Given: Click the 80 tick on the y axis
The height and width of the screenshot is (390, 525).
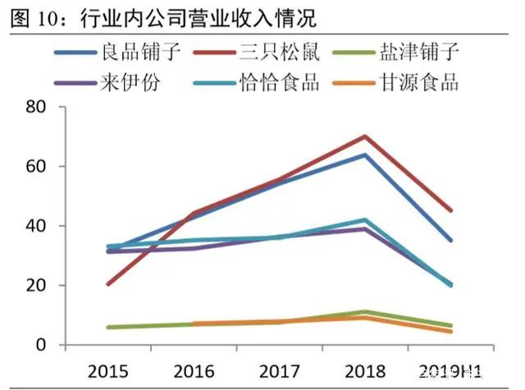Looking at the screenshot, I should click(x=34, y=107).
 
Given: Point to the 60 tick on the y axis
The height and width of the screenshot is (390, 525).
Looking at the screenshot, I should click(x=34, y=167).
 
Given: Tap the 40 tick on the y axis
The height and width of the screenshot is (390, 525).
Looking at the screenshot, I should click(x=34, y=226).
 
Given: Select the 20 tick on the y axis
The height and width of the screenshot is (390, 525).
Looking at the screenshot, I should click(x=34, y=286).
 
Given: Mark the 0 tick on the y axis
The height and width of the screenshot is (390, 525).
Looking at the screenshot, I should click(x=39, y=345).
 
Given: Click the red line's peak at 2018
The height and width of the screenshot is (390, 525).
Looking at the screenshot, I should click(x=364, y=136).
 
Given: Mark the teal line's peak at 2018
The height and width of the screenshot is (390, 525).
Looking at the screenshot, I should click(x=364, y=220).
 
